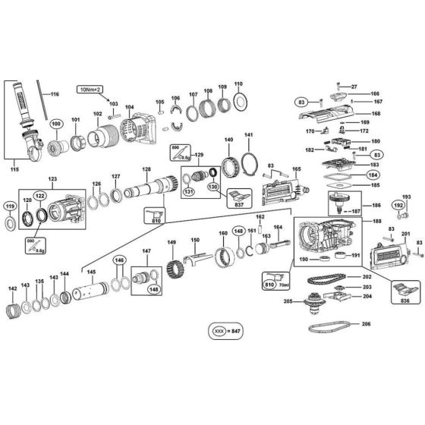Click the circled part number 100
coord(55,123)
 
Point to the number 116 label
coord(54,93)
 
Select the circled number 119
coord(10,206)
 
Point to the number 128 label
coord(146,169)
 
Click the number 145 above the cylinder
coord(91,272)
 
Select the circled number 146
coord(118,260)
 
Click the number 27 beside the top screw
coord(354,87)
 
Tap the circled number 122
coord(40,197)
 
